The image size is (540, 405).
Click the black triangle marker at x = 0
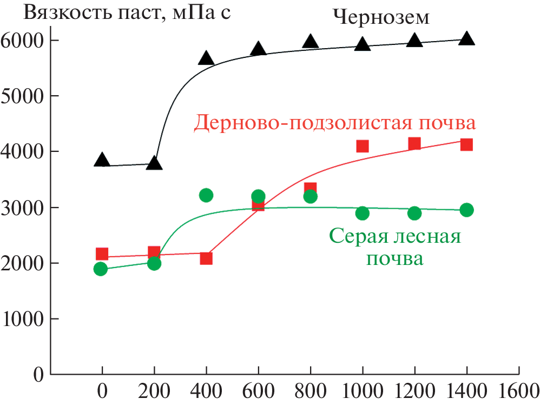102,160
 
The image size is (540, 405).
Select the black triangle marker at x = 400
206,58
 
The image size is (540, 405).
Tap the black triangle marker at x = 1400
466,38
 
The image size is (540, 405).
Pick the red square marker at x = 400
206,258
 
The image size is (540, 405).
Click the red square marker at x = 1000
363,146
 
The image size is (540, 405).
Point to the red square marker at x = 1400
466,144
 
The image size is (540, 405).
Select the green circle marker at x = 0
101,269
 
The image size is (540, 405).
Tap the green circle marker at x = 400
206,195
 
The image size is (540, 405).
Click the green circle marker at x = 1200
414,213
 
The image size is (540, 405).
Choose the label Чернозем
382,18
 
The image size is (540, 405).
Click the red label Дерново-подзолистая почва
335,123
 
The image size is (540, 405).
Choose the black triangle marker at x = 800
310,42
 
